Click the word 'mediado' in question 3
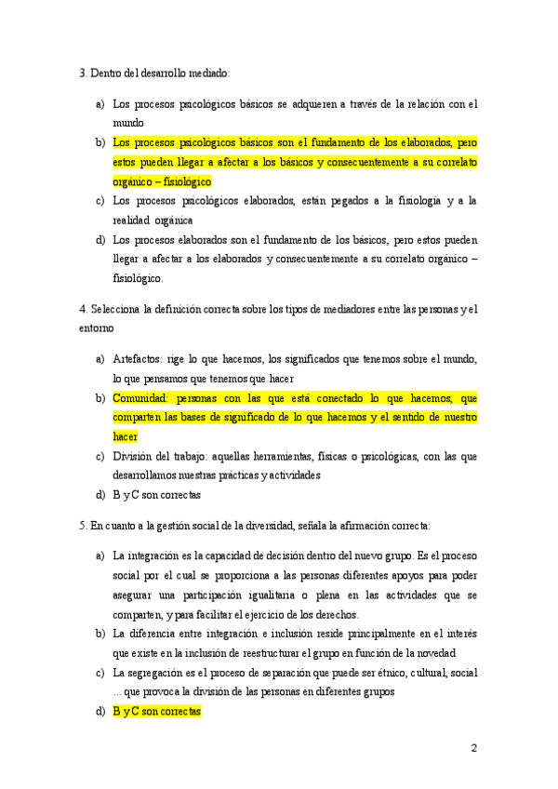(x=210, y=73)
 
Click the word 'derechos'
(x=334, y=614)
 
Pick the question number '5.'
(x=83, y=526)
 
